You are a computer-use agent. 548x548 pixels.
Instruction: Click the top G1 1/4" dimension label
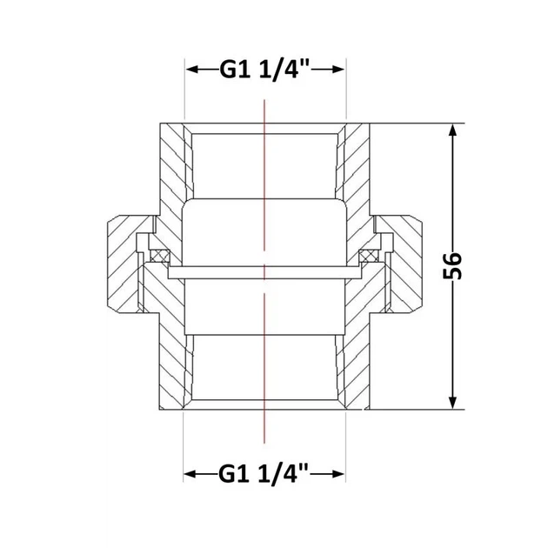point(264,70)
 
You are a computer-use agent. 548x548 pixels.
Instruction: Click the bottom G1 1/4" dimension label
point(264,474)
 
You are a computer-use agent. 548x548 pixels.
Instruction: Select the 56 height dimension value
point(452,265)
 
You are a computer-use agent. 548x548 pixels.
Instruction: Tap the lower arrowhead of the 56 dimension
point(452,402)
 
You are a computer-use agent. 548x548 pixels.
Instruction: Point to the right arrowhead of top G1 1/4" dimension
point(337,70)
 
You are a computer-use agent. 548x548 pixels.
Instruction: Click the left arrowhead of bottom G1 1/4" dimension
point(190,474)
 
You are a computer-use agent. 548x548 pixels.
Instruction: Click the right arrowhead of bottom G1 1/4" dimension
point(337,474)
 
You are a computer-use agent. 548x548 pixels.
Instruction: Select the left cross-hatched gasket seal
point(160,256)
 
